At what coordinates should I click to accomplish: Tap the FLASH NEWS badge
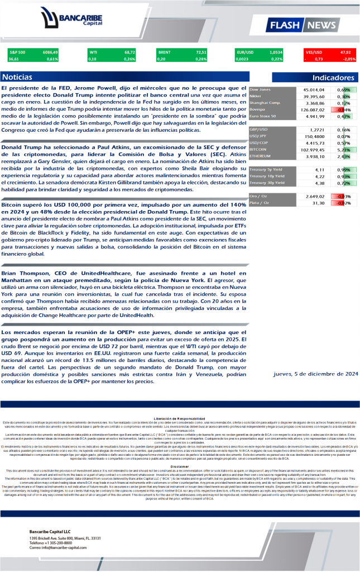click(x=309, y=25)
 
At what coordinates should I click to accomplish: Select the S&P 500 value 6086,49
click(x=50, y=52)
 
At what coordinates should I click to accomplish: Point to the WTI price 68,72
click(x=128, y=52)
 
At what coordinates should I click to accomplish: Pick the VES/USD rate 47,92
click(x=349, y=52)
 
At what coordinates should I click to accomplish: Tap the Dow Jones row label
click(x=260, y=89)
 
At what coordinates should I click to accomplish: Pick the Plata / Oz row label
click(x=260, y=203)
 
